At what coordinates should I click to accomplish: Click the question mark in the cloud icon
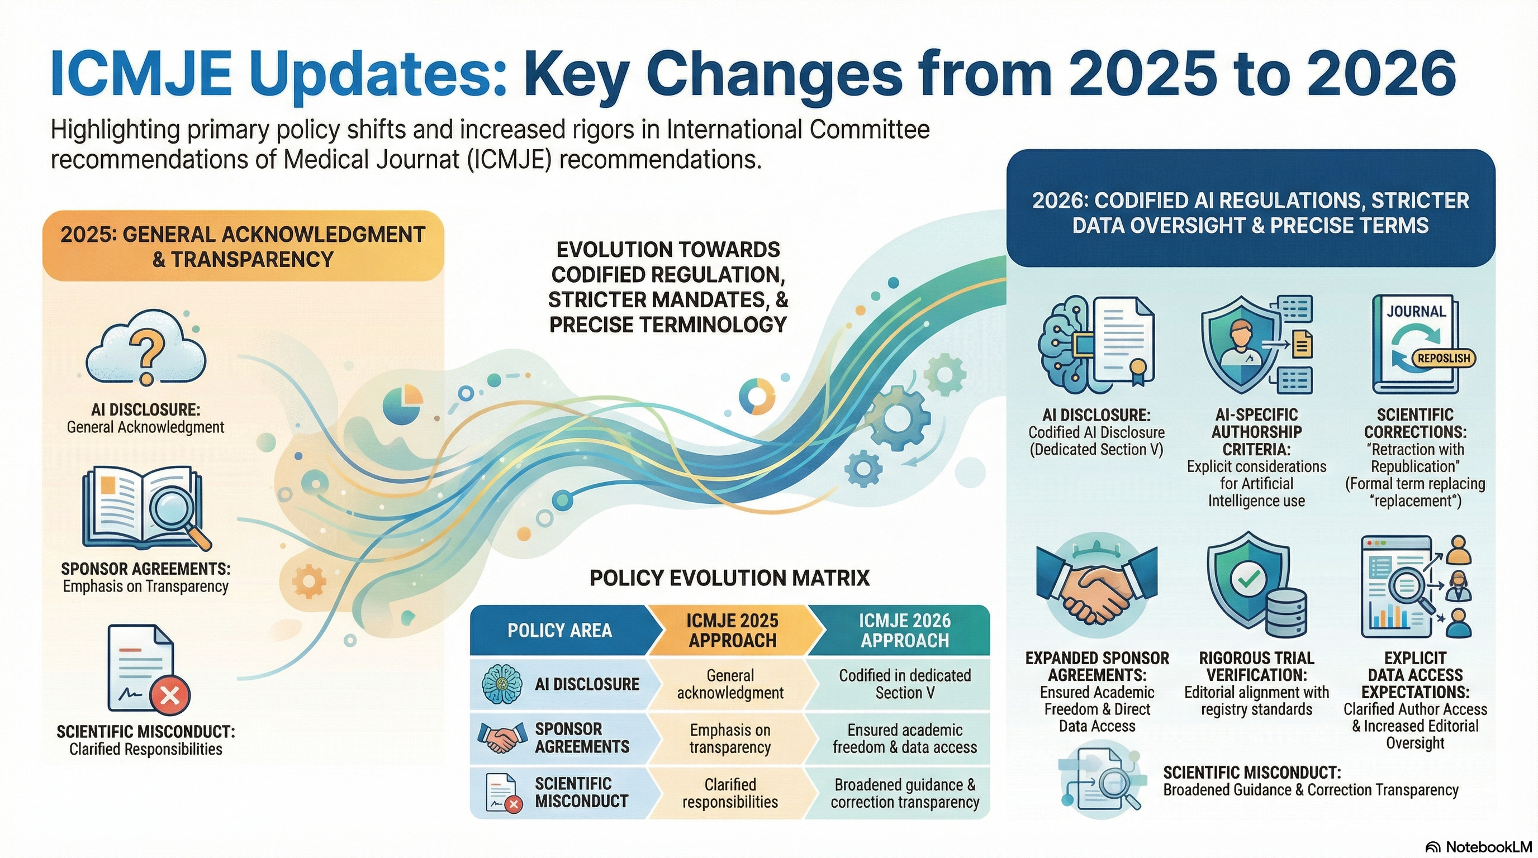coord(146,354)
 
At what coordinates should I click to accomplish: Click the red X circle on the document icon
coord(170,695)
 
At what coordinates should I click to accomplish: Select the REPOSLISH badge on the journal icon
coord(1444,358)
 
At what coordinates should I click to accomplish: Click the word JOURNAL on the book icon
coord(1416,312)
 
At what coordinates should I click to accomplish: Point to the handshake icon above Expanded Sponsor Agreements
coord(1097,589)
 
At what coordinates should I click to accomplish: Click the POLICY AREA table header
coord(559,631)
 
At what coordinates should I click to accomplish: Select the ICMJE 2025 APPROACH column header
coord(732,631)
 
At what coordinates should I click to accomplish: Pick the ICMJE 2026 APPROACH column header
coord(905,631)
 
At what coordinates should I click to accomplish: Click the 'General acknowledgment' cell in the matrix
coord(730,684)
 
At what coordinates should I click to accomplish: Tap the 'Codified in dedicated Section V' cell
coord(905,684)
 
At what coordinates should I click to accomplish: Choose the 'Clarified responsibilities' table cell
coord(730,793)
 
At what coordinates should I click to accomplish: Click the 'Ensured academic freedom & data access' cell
coord(905,738)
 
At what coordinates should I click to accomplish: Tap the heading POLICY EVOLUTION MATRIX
coord(729,578)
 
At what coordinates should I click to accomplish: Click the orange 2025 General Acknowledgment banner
coord(243,246)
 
